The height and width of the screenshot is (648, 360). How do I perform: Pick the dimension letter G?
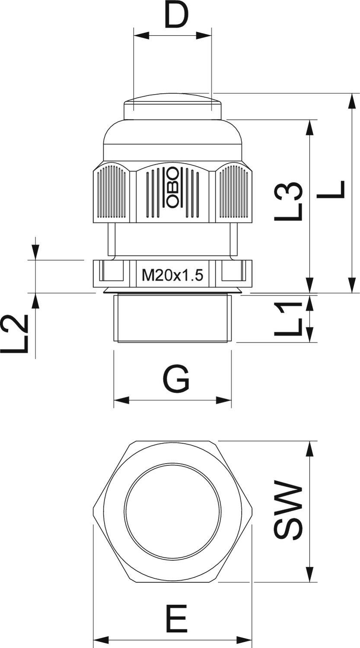(176, 379)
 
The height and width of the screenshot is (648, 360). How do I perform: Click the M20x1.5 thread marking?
(172, 275)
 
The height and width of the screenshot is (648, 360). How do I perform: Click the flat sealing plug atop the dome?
(173, 107)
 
